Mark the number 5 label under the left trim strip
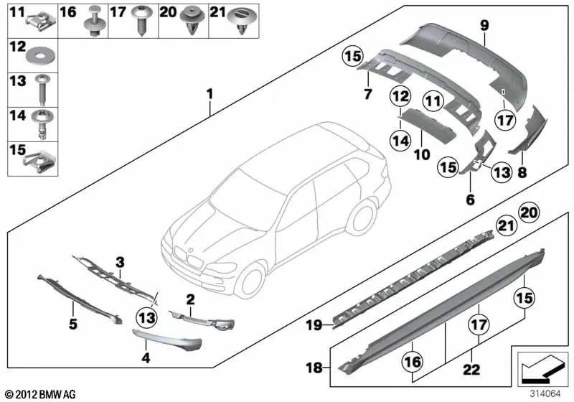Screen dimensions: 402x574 click(x=72, y=324)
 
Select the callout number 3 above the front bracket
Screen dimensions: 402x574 click(x=121, y=261)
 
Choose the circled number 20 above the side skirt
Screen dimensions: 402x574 click(x=529, y=213)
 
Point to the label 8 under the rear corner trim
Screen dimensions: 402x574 click(x=523, y=172)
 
